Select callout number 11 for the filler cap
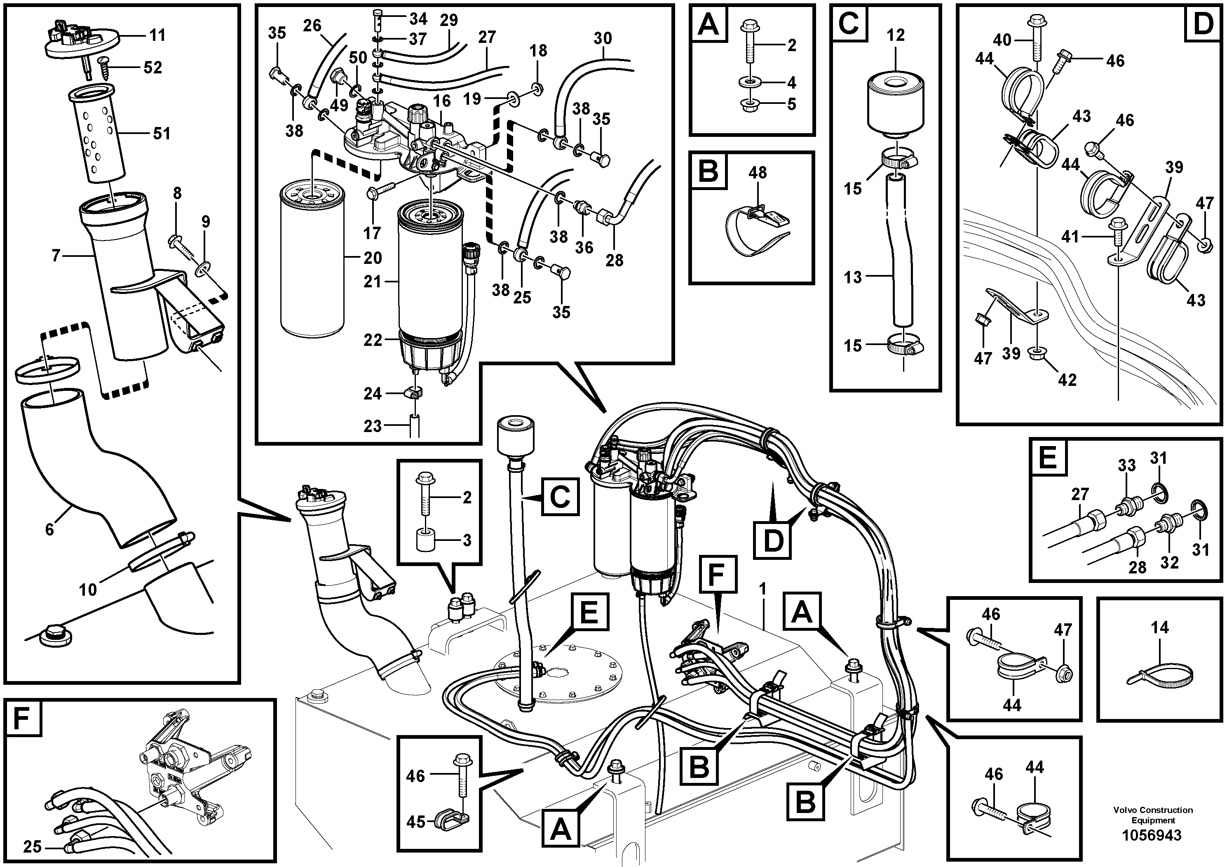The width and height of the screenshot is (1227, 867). pos(157,35)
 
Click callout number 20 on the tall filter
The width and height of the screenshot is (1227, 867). pos(373,258)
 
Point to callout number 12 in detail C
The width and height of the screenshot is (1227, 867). pos(896,35)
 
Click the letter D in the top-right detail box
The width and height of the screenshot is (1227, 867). pos(1203,24)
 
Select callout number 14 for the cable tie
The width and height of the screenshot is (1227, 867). pos(1160,627)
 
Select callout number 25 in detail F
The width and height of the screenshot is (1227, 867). pos(32,847)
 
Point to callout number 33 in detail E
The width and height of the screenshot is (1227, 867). pos(1126,465)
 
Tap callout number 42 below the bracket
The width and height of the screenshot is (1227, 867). pos(1067,380)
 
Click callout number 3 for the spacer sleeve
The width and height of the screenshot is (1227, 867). pos(467,540)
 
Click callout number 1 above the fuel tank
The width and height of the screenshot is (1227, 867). pos(762,588)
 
